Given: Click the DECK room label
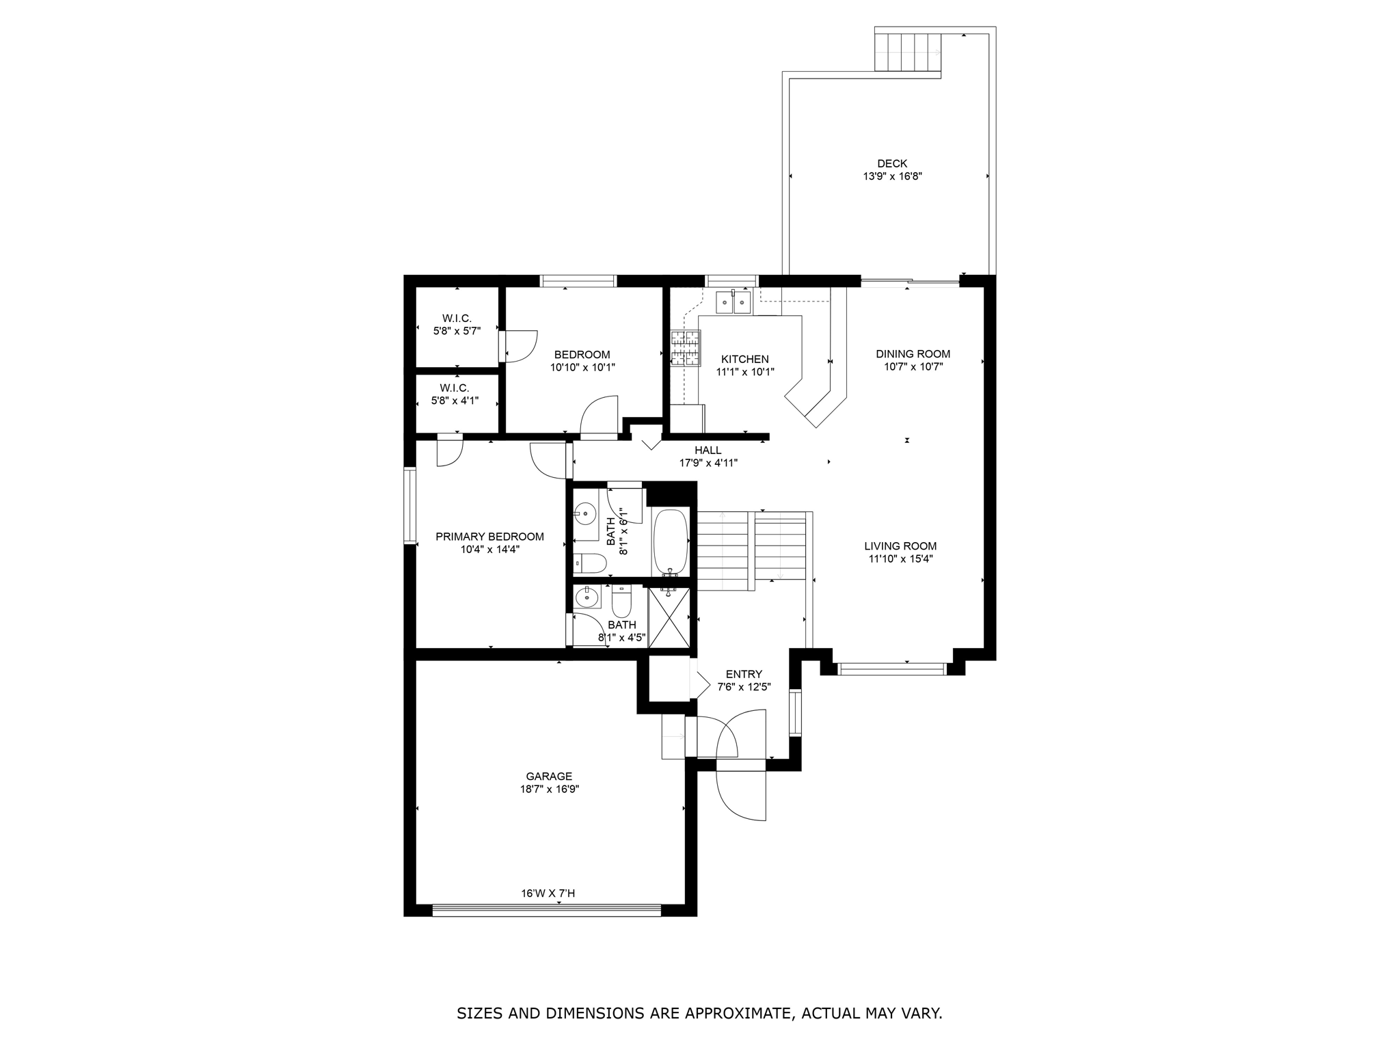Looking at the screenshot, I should [x=892, y=163].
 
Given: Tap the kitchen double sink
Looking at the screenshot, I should [x=733, y=301].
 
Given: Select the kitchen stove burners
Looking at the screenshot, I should [x=686, y=348].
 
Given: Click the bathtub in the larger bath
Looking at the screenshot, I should [x=671, y=543].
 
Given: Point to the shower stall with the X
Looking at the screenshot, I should [x=669, y=617].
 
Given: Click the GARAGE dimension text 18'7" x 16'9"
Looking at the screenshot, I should [x=550, y=789].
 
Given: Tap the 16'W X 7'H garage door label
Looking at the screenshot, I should [x=548, y=893].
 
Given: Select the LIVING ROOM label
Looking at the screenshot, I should [x=900, y=546].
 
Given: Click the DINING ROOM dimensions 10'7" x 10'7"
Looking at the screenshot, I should [x=913, y=366].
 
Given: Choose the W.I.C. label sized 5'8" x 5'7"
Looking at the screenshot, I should [x=457, y=319].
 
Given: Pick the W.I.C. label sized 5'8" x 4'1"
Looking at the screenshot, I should [x=455, y=388].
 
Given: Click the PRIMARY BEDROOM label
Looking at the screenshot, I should [x=489, y=537].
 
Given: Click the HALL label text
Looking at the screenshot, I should [x=708, y=450].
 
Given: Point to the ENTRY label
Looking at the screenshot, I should [x=744, y=674].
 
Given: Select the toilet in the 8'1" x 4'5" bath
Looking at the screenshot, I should [x=621, y=602].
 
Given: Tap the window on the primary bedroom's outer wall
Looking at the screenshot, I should [x=410, y=504].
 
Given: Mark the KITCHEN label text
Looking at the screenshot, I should [x=744, y=360].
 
